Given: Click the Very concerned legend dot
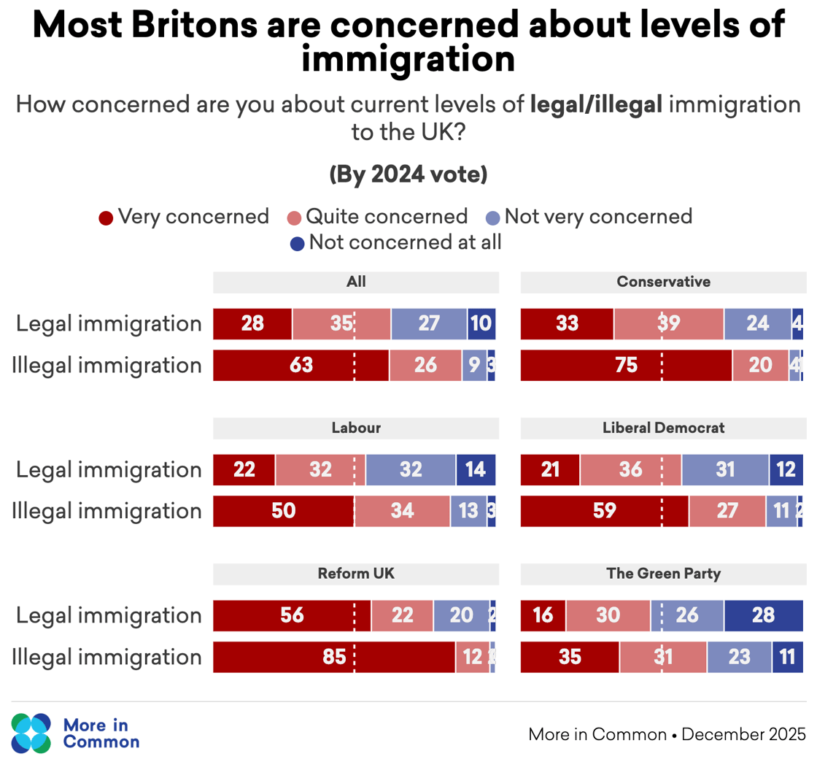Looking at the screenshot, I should click(106, 217).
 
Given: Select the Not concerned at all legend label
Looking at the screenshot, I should click(405, 242).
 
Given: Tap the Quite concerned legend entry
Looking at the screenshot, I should click(386, 217).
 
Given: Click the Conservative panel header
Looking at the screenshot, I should click(663, 282).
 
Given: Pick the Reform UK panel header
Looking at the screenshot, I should click(356, 574).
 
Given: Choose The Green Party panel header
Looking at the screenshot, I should click(663, 574).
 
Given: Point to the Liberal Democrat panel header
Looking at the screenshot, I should click(663, 428).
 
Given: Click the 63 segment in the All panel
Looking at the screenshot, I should click(301, 365).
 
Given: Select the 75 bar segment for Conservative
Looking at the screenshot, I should click(626, 365).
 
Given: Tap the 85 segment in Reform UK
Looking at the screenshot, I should click(334, 657).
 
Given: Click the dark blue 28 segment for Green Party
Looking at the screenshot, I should click(763, 615).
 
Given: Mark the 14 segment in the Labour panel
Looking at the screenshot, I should click(476, 469).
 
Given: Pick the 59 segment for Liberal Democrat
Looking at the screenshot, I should click(604, 511).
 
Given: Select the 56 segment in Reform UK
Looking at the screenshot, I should click(292, 615).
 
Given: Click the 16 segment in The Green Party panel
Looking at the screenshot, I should click(543, 615).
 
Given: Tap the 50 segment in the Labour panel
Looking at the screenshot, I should click(283, 511).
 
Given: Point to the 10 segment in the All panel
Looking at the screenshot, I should click(481, 323).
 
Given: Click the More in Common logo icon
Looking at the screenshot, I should click(31, 733).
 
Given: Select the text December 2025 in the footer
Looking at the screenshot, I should click(743, 734).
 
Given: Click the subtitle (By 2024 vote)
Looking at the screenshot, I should click(408, 175).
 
